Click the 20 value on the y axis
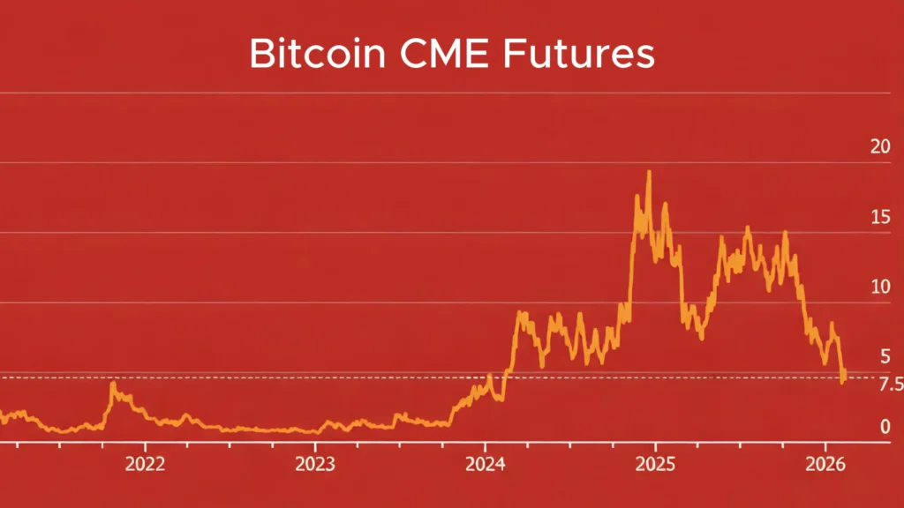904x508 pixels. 879,146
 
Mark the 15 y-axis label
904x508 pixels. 879,217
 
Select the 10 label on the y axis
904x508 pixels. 879,287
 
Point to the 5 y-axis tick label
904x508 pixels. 885,356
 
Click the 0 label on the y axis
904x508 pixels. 885,427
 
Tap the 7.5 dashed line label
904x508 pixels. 892,384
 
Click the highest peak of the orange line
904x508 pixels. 649,172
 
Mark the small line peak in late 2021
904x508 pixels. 113,385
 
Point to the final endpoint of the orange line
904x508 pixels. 843,381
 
